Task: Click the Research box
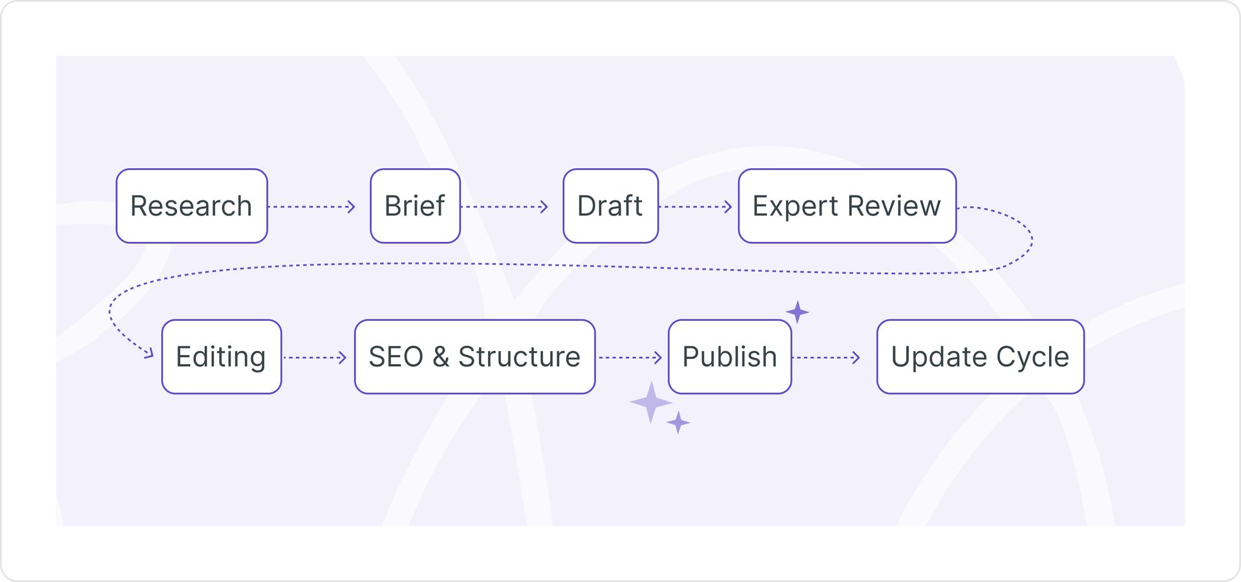pyautogui.click(x=191, y=206)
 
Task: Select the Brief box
pyautogui.click(x=415, y=206)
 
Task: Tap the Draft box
pyautogui.click(x=610, y=206)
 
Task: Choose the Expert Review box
pyautogui.click(x=847, y=206)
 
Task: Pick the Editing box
pyautogui.click(x=221, y=357)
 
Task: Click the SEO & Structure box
pyautogui.click(x=474, y=357)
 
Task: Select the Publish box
pyautogui.click(x=730, y=357)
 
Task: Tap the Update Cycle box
pyautogui.click(x=980, y=357)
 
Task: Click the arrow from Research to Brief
pyautogui.click(x=312, y=207)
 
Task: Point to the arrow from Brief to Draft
pyautogui.click(x=505, y=207)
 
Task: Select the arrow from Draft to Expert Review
pyautogui.click(x=695, y=207)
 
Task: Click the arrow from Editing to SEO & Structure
pyautogui.click(x=315, y=358)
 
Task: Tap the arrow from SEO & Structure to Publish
pyautogui.click(x=630, y=358)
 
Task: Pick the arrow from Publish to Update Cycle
pyautogui.click(x=827, y=358)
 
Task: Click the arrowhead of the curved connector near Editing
pyautogui.click(x=149, y=353)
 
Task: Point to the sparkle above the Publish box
pyautogui.click(x=798, y=312)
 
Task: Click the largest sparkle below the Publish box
pyautogui.click(x=651, y=402)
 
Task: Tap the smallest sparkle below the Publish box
pyautogui.click(x=678, y=423)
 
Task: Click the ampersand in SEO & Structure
pyautogui.click(x=441, y=357)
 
